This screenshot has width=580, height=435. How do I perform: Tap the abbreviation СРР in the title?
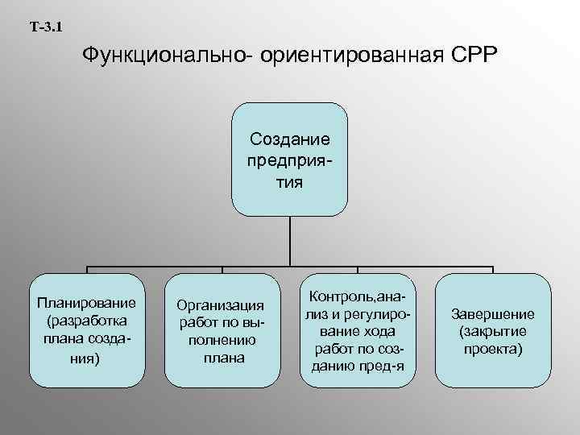pyautogui.click(x=473, y=58)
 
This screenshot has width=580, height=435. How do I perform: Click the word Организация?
pyautogui.click(x=220, y=305)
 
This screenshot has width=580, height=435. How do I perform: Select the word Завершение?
pyautogui.click(x=491, y=314)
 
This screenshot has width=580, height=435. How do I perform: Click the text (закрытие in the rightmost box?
pyautogui.click(x=491, y=332)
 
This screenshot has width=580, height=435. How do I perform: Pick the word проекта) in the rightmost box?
pyautogui.click(x=491, y=350)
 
